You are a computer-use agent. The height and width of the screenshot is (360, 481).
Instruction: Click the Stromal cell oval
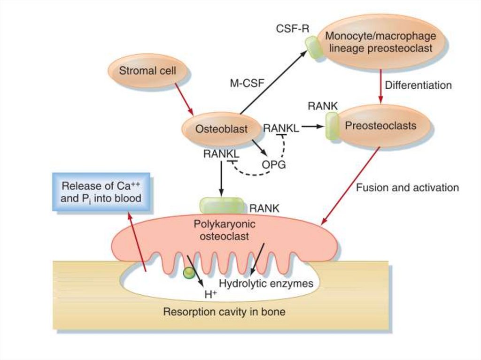[x=147, y=71]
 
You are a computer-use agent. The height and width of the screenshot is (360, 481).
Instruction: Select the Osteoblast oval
[x=221, y=128]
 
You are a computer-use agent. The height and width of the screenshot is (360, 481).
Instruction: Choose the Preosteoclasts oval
[x=381, y=126]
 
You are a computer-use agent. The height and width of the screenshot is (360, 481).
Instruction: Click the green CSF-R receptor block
[x=313, y=47]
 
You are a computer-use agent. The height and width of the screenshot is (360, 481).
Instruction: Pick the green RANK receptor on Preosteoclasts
[x=333, y=126]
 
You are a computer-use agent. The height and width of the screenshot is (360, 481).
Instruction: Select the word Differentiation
[x=418, y=85]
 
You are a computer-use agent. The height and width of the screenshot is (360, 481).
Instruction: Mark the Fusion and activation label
[x=407, y=188]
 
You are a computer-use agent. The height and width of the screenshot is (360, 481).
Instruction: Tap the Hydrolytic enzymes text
[x=266, y=283]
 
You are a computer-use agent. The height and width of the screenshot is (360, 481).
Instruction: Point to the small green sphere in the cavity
[x=189, y=273]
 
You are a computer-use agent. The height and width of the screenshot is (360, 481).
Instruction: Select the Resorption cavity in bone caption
[x=224, y=311]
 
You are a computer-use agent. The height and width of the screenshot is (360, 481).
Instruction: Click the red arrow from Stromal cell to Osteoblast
[x=184, y=99]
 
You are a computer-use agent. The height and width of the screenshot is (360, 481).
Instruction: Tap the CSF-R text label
[x=292, y=28]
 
